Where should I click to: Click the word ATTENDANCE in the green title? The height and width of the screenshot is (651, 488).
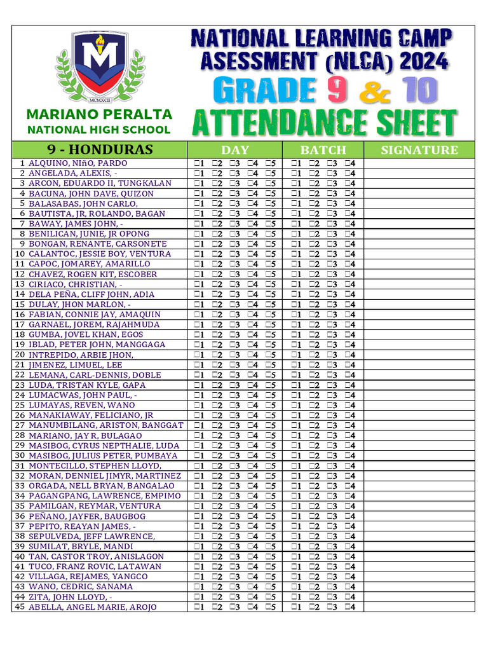[x=266, y=123]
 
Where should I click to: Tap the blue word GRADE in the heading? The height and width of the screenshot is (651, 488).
[x=266, y=90]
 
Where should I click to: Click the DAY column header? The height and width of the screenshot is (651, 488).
[x=234, y=150]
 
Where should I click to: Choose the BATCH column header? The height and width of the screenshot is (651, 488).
[x=323, y=150]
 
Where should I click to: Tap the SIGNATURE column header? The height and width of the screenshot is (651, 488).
[x=419, y=150]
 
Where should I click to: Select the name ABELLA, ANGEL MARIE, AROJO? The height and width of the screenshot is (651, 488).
[x=92, y=607]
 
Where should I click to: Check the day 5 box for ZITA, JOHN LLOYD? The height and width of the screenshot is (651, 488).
[x=269, y=597]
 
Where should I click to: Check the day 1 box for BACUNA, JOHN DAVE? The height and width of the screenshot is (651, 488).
[x=197, y=194]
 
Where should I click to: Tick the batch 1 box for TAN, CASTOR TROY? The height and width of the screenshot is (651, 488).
[x=294, y=557]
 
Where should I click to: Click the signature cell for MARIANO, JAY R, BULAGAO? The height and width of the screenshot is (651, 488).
[x=419, y=435]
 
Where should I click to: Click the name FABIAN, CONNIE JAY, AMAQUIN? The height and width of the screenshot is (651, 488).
[x=94, y=315]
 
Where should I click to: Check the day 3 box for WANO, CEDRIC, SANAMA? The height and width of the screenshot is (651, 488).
[x=233, y=587]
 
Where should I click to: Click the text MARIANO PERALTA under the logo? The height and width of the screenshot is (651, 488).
[x=98, y=114]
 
